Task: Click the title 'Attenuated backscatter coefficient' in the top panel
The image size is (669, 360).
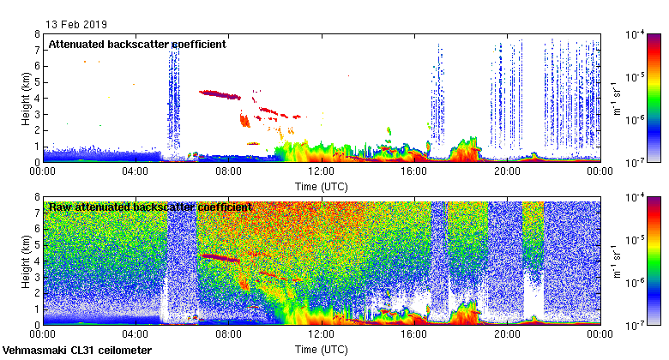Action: coord(137,44)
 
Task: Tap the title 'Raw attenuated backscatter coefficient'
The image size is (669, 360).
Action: coord(150,207)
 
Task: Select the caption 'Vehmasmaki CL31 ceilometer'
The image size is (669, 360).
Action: coord(77,351)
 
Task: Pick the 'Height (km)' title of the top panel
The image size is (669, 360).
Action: coord(27,98)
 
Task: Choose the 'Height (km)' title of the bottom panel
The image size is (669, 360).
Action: coord(27,261)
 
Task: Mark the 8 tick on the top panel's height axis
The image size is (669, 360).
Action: coord(38,34)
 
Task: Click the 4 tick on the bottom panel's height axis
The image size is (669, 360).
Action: coord(38,261)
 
